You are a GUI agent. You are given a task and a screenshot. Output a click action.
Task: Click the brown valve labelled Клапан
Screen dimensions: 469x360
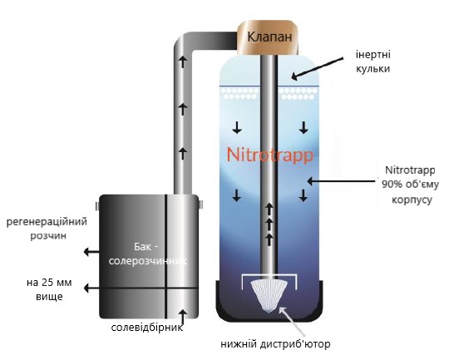coord(268,37)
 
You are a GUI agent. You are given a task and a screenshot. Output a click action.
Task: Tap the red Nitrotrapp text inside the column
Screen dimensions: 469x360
coord(269,155)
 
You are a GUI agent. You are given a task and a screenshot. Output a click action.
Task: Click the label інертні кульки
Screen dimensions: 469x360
coord(373,62)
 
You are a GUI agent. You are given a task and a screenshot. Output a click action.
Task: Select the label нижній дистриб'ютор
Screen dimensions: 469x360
coord(275,344)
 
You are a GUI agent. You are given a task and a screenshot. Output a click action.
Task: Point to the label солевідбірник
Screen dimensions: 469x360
coord(147,328)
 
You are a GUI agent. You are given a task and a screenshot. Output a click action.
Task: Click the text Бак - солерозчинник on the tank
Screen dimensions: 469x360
coord(148,254)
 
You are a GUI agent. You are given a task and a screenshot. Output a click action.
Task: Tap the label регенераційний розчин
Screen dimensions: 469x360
coord(47,229)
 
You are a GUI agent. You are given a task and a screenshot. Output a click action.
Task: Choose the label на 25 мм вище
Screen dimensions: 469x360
coord(49,289)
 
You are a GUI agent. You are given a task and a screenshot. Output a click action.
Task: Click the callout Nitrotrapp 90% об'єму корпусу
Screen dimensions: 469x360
coord(410,185)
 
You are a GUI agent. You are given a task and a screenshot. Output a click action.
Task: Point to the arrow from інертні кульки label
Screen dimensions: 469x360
coord(317,69)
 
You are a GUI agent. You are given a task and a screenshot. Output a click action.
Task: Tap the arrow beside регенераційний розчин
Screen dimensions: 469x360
coord(91,252)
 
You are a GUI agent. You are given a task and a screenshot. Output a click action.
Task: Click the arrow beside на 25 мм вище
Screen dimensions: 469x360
coord(91,288)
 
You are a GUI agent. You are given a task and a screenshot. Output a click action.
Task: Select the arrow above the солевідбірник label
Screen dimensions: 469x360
coord(183,317)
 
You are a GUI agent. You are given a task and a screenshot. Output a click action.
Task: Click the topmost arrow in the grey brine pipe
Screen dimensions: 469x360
coord(183,62)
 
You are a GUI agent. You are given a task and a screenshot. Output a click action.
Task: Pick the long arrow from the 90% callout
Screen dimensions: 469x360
coord(341,181)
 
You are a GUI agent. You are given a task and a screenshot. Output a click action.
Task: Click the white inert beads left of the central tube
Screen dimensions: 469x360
coord(239,93)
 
